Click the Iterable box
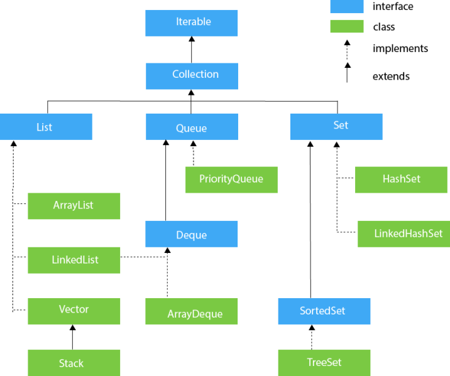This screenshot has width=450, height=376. [x=192, y=23]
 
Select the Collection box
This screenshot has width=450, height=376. [x=192, y=76]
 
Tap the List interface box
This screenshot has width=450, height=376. [x=46, y=126]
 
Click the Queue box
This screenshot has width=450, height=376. [x=192, y=127]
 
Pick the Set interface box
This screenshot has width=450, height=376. [x=336, y=126]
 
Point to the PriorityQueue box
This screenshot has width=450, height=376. [x=231, y=180]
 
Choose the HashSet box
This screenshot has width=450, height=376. [x=402, y=180]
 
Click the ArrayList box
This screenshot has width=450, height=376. [x=74, y=206]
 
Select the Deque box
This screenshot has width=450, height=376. [x=192, y=234]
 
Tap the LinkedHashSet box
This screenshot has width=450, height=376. [x=403, y=234]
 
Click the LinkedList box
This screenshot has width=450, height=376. [x=74, y=260]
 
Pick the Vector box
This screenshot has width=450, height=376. [x=74, y=311]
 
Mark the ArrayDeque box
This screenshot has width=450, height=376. [x=192, y=311]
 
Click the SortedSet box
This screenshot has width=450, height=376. [x=324, y=311]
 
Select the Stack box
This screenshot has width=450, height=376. [x=74, y=363]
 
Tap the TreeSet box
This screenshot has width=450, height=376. [x=324, y=363]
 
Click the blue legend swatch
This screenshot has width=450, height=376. [x=346, y=6]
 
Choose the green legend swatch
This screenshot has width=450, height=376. [x=346, y=26]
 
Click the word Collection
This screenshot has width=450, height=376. [x=195, y=74]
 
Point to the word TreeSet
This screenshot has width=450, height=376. [x=324, y=363]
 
